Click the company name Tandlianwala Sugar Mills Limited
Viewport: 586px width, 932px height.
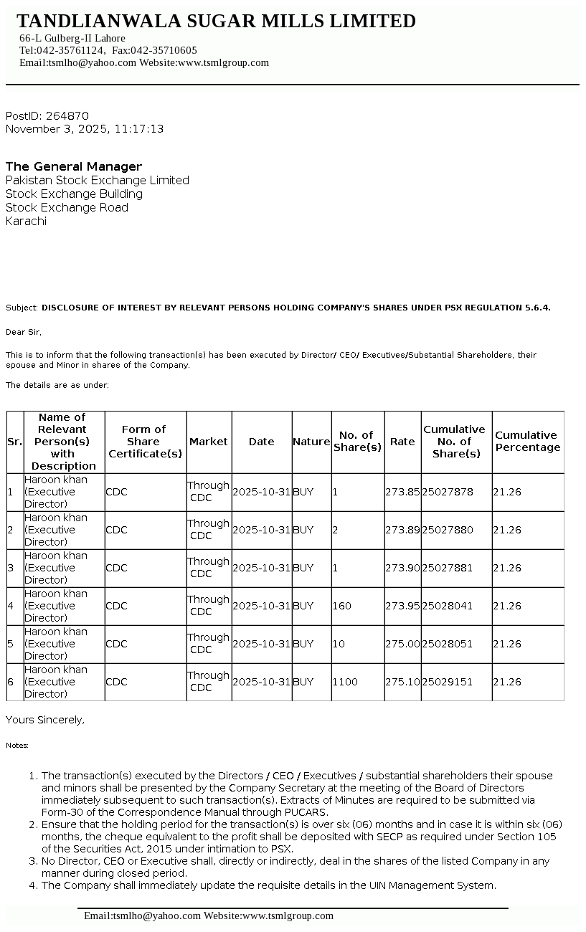(x=216, y=22)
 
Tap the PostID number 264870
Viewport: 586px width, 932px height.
(x=67, y=116)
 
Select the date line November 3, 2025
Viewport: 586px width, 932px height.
(x=85, y=129)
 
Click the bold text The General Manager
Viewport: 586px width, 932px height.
(x=74, y=166)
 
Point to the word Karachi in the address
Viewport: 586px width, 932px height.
(x=26, y=222)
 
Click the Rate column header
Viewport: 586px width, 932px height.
(x=402, y=442)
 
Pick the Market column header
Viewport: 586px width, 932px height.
(x=208, y=442)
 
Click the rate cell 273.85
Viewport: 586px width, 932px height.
(x=402, y=493)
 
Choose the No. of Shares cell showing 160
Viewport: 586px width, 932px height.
(x=342, y=607)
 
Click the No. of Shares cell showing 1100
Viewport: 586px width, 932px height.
(x=345, y=683)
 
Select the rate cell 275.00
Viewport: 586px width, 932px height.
(x=402, y=645)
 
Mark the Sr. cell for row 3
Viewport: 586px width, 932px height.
(x=11, y=569)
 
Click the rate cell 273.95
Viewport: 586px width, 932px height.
(x=402, y=607)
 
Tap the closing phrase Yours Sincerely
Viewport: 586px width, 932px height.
(x=45, y=720)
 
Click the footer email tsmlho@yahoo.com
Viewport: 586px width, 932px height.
(x=142, y=916)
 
